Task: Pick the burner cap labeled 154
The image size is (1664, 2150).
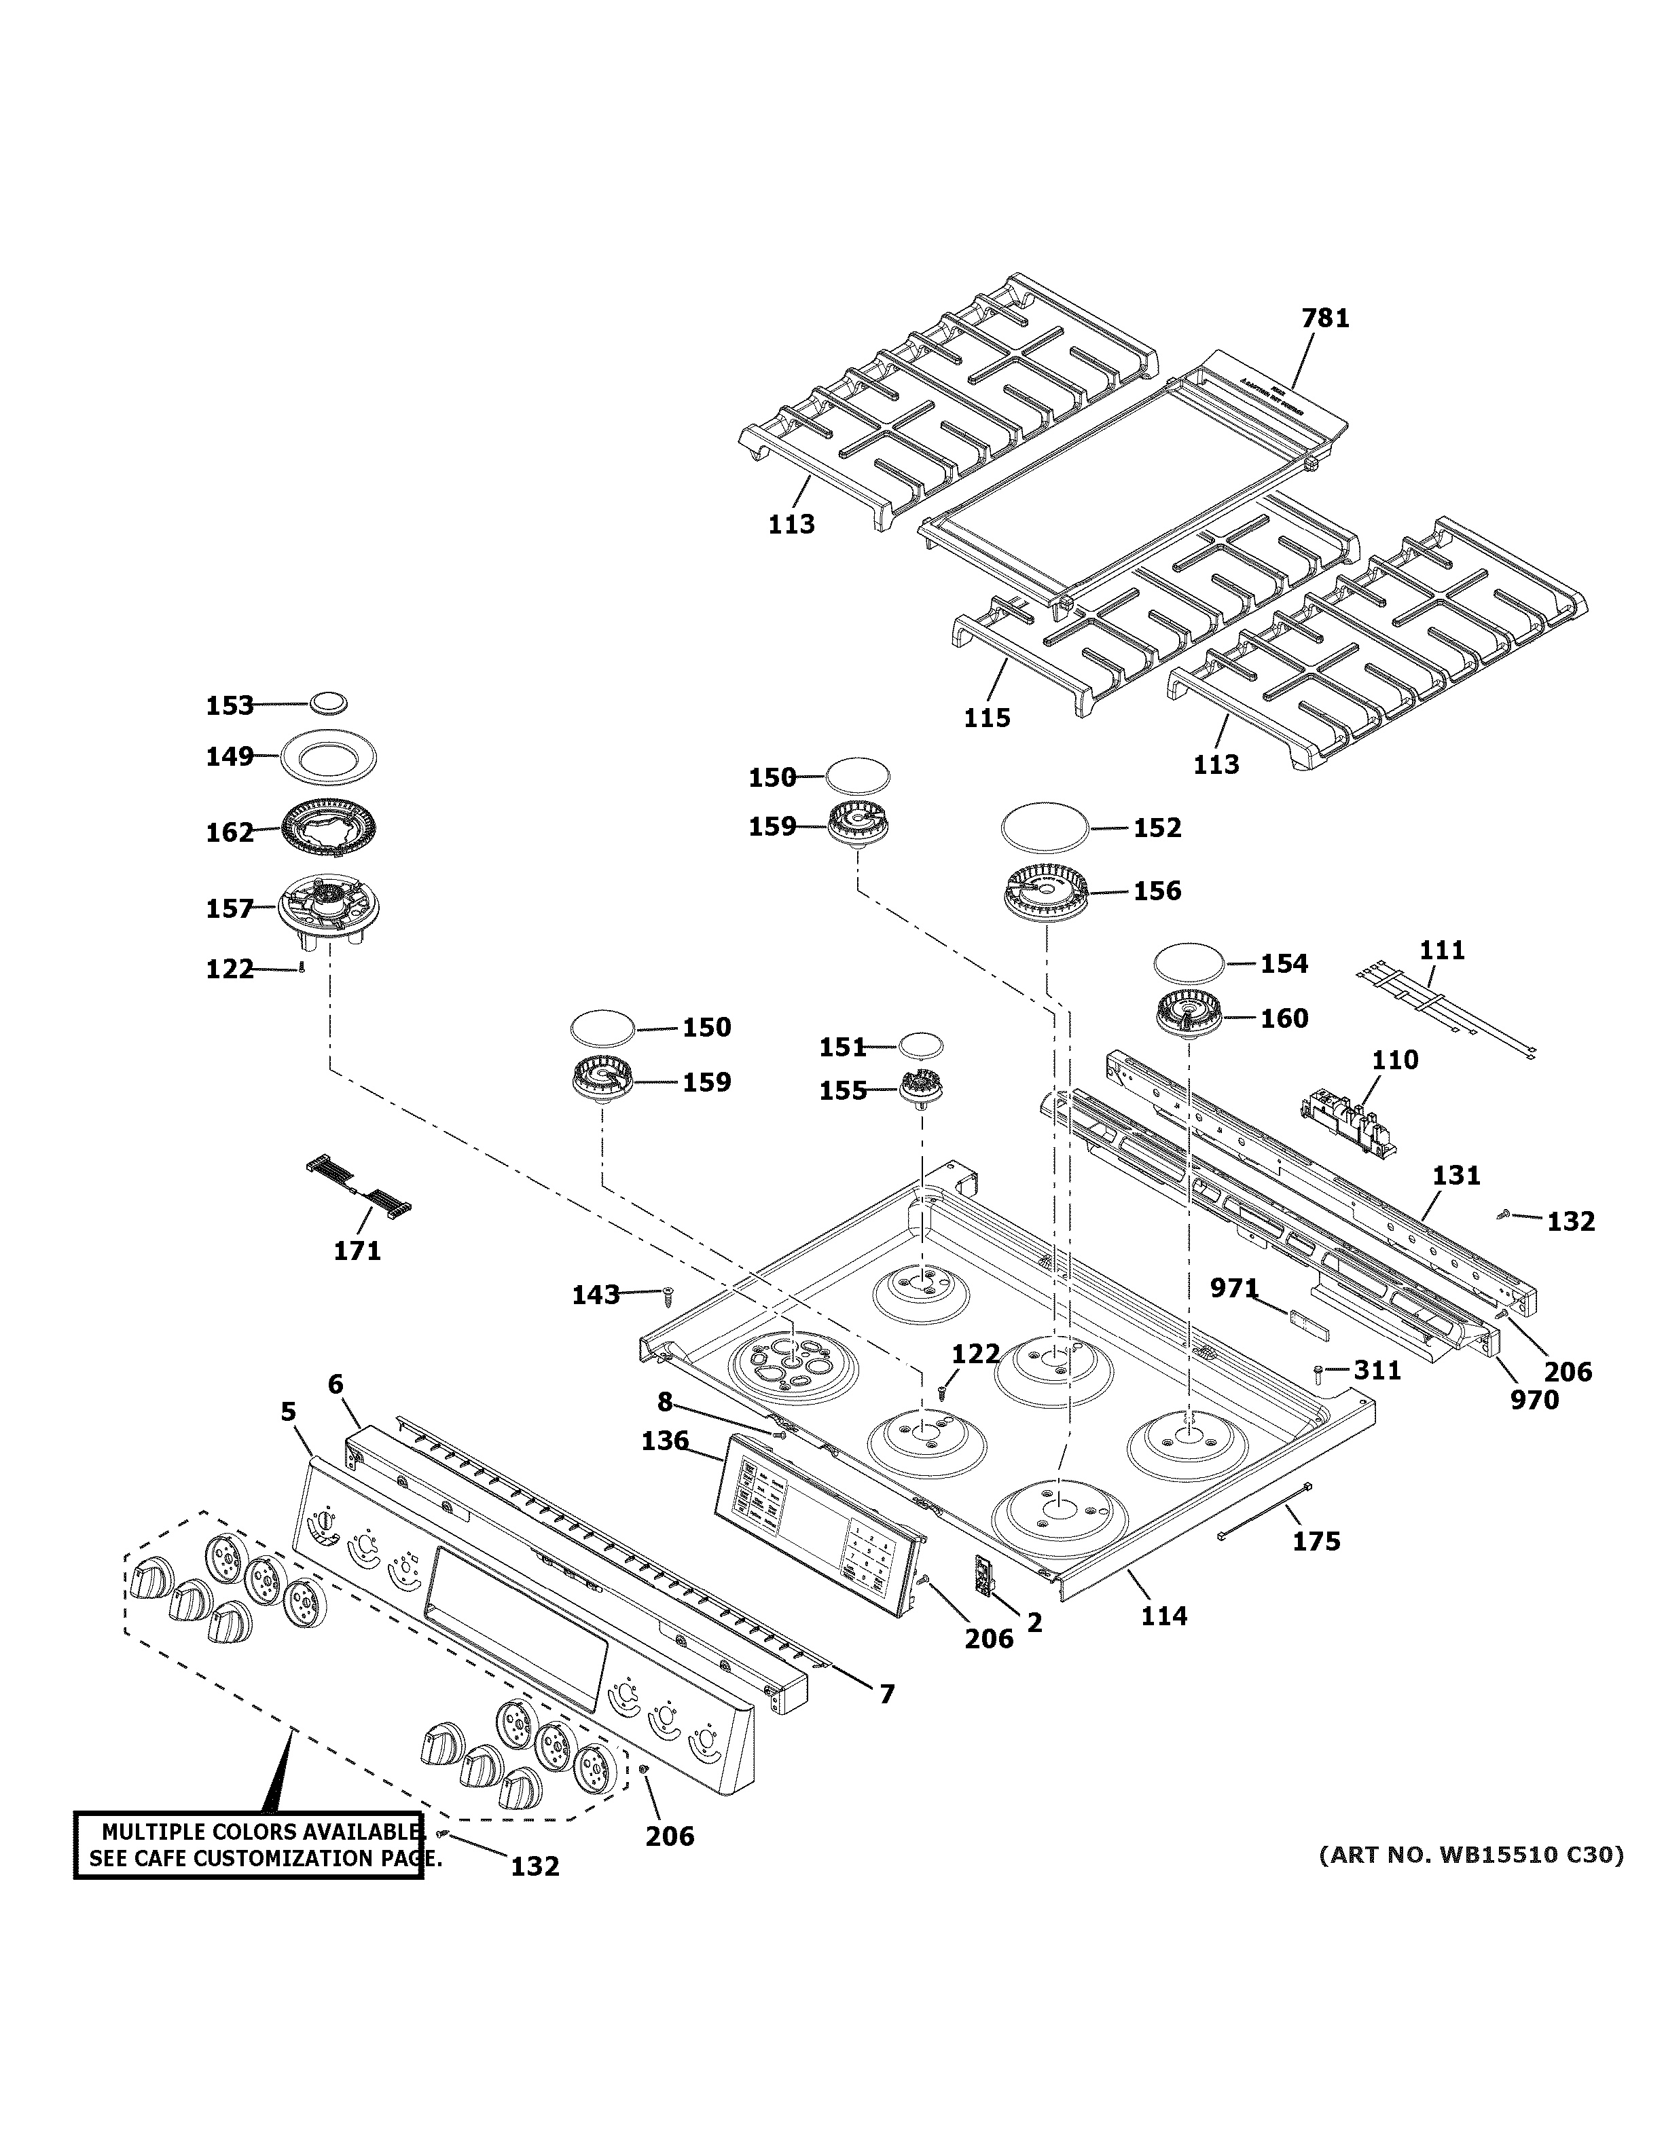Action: (1191, 962)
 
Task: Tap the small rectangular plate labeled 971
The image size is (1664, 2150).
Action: (1307, 1324)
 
